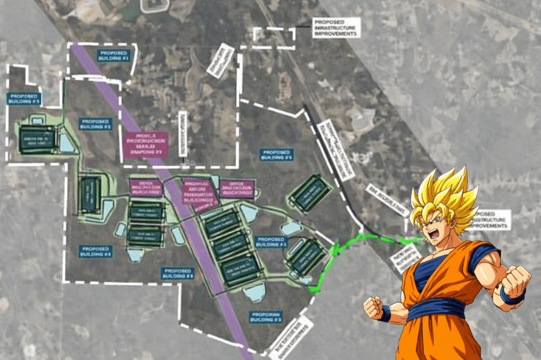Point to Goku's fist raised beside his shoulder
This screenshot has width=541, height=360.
point(515,280)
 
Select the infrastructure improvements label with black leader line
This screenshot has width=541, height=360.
point(336,27)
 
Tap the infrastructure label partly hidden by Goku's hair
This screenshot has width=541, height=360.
point(494,220)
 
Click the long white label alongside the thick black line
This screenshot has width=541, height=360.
point(336,149)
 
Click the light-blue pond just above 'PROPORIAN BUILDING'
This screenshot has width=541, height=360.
point(254,291)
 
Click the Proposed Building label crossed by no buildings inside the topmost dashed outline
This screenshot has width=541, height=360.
point(114,55)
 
